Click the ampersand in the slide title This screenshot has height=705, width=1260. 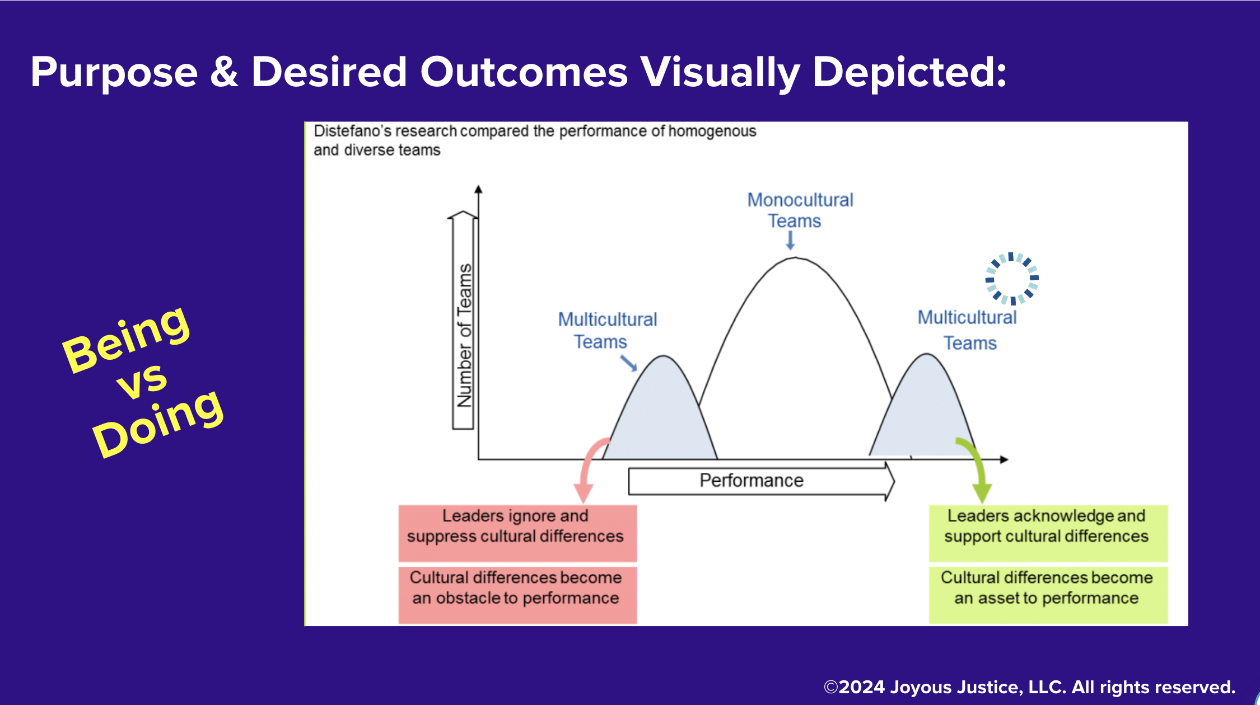point(224,73)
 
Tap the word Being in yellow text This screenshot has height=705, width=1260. point(127,339)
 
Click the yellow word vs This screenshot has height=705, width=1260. point(142,380)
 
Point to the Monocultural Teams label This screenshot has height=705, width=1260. point(800,210)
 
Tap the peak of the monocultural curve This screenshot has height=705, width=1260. point(795,259)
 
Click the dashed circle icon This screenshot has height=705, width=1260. point(1012,278)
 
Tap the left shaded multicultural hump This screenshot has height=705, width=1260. point(661,414)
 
